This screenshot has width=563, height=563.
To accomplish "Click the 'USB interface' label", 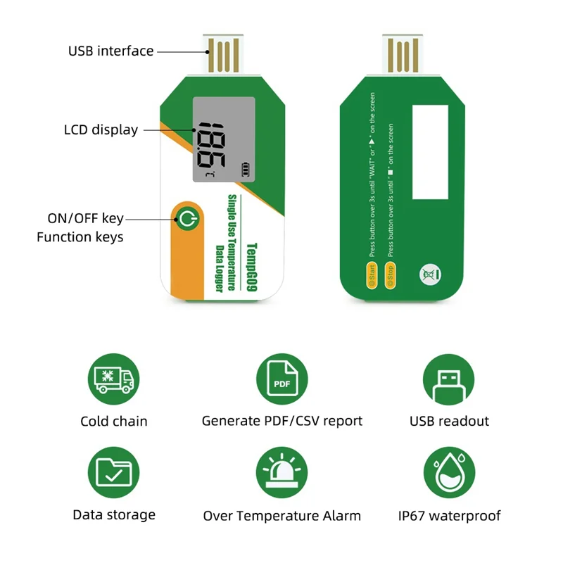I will tap(110, 51).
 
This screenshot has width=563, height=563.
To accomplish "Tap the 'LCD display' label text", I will tap(101, 129).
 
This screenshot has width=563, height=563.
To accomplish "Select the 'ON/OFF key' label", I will tap(85, 218).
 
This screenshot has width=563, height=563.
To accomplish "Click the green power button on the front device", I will tap(186, 219).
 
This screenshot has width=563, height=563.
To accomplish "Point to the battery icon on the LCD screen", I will tap(246, 169).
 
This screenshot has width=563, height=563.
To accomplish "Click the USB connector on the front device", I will tap(223, 53).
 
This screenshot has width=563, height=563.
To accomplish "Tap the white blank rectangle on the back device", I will tap(430, 151).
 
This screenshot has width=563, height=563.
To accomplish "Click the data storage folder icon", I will tap(113, 472).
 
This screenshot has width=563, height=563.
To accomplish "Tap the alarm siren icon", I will tap(281, 472).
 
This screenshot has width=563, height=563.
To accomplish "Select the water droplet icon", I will tap(448, 472).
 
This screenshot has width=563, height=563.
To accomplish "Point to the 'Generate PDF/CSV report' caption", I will tap(281, 421).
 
